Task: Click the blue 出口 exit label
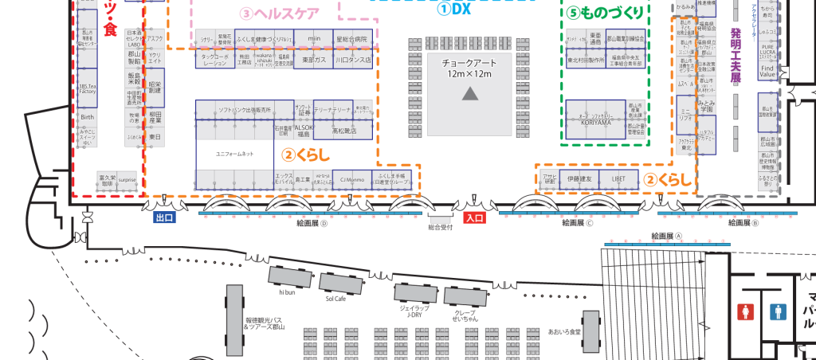[164, 217]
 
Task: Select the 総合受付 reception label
[440, 227]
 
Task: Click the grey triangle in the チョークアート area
[470, 94]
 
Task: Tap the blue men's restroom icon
[777, 311]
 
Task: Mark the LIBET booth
[619, 180]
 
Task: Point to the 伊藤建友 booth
[579, 180]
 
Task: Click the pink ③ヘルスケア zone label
[280, 14]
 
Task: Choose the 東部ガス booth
[313, 60]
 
